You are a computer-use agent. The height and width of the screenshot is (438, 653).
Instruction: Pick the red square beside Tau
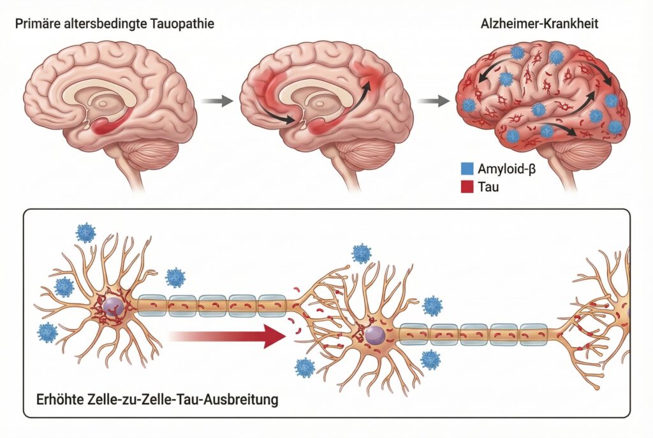click(466, 188)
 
